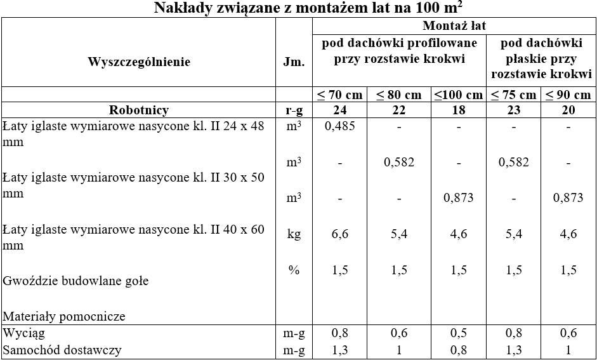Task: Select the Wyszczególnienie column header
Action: pyautogui.click(x=139, y=62)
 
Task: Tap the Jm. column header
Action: pyautogui.click(x=294, y=62)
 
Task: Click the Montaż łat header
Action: pyautogui.click(x=454, y=26)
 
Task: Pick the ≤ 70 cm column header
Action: pyautogui.click(x=339, y=95)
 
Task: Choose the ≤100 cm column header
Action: pyautogui.click(x=458, y=95)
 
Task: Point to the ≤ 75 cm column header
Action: pyautogui.click(x=513, y=95)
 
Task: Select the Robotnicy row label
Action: pyautogui.click(x=139, y=110)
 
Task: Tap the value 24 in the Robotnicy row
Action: pyautogui.click(x=339, y=110)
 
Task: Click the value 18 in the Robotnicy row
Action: pyautogui.click(x=458, y=110)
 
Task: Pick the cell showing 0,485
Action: pyautogui.click(x=339, y=126)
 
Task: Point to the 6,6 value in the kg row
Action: pyautogui.click(x=339, y=234)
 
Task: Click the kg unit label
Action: pyautogui.click(x=294, y=234)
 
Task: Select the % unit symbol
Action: pyautogui.click(x=294, y=270)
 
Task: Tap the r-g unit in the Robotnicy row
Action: pyautogui.click(x=294, y=110)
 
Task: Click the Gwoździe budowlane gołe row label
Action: pyautogui.click(x=75, y=281)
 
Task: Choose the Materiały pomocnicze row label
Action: pyautogui.click(x=64, y=316)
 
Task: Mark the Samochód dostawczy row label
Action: pyautogui.click(x=62, y=350)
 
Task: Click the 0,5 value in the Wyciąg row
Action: pyautogui.click(x=458, y=333)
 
